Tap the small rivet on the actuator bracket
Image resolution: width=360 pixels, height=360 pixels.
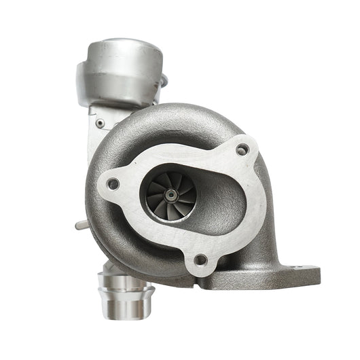tap(101, 123)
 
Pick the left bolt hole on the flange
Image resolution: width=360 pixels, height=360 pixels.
tap(113, 183)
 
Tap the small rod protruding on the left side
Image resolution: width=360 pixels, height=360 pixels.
tap(79, 223)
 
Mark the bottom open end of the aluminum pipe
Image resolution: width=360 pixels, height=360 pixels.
tap(126, 314)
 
